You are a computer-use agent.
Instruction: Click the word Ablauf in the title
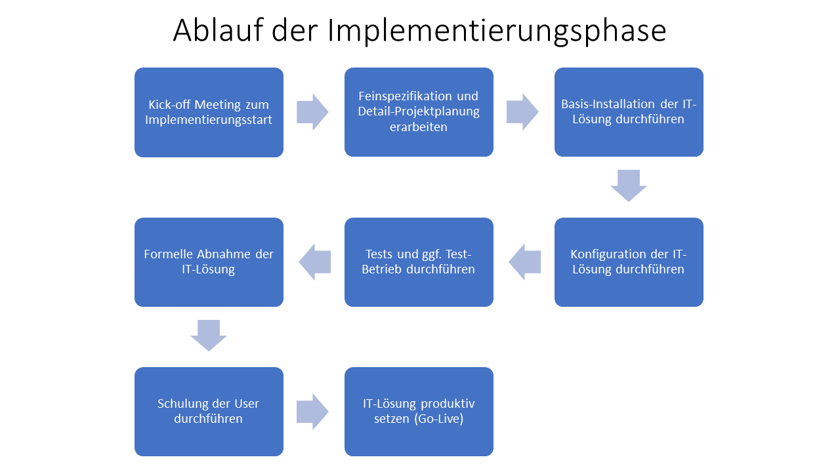point(219,30)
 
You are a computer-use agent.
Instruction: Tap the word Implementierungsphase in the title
point(497,31)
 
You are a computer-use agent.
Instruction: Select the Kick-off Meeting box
point(209,112)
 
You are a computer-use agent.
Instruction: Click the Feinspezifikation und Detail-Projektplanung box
point(419,112)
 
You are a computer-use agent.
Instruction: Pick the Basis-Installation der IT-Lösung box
point(629,112)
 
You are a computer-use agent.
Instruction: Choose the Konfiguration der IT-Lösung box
point(629,262)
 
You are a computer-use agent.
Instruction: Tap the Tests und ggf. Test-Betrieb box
point(419,262)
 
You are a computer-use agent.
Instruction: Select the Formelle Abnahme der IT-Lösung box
point(209,262)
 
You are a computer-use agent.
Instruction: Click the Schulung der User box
point(209,412)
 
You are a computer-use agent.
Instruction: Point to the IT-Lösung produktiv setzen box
point(419,412)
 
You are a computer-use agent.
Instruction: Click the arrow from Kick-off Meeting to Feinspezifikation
point(312,112)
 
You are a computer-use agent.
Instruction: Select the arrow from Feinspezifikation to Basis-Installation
point(522,112)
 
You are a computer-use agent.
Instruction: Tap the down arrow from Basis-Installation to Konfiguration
point(629,186)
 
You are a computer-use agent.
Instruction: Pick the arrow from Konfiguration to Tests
point(524,262)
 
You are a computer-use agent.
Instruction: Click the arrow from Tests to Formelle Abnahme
point(314,262)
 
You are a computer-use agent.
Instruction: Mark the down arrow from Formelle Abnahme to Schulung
point(209,336)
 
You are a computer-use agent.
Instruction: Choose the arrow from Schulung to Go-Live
point(312,412)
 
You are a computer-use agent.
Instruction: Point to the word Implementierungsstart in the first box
point(209,120)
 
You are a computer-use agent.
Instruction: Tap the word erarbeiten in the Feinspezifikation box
point(419,127)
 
